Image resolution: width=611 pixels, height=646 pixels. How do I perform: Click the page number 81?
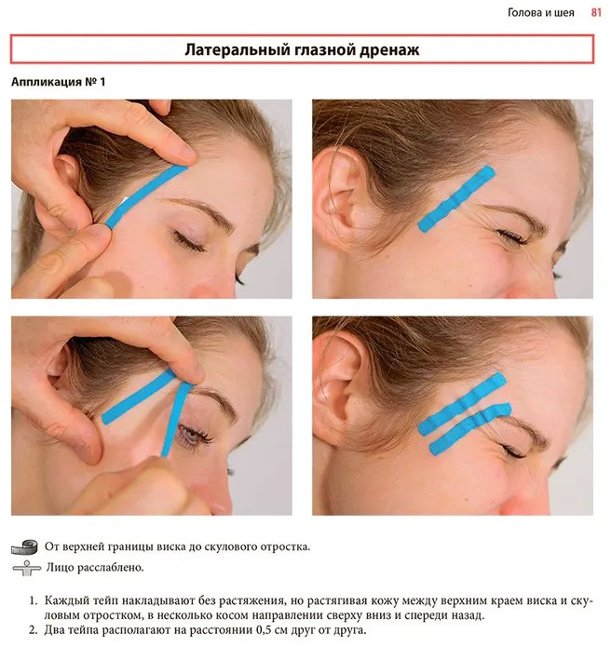click(596, 13)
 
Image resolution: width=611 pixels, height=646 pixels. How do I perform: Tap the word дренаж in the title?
click(389, 50)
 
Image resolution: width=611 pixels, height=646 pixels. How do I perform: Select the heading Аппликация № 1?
click(58, 82)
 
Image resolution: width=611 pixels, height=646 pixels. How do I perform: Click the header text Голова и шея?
click(540, 13)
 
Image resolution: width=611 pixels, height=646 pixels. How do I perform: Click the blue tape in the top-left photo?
click(147, 196)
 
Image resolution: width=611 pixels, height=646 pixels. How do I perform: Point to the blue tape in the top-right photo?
click(456, 199)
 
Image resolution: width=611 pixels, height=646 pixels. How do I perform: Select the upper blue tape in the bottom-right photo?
click(462, 404)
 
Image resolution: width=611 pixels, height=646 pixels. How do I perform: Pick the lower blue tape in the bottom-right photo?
click(470, 428)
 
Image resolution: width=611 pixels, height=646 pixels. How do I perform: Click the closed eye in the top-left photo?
click(190, 241)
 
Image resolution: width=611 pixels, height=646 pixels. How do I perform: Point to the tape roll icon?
click(24, 547)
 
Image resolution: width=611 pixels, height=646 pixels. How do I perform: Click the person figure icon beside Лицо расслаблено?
click(27, 568)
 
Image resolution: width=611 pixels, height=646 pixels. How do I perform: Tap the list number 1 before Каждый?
click(34, 600)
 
